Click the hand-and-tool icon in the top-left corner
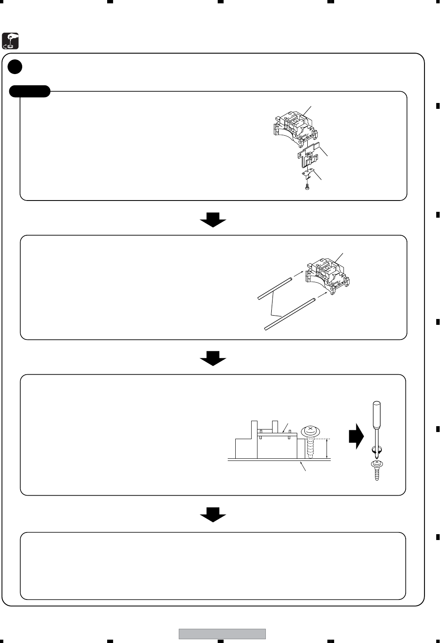point(10,40)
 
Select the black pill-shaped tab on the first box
point(30,91)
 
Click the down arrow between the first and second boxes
point(213,219)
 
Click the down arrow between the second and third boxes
point(213,358)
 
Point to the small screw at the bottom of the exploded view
point(307,187)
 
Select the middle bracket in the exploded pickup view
point(310,156)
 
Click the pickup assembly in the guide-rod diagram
point(329,274)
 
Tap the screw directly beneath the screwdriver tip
point(377,469)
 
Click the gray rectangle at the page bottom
point(222,634)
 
